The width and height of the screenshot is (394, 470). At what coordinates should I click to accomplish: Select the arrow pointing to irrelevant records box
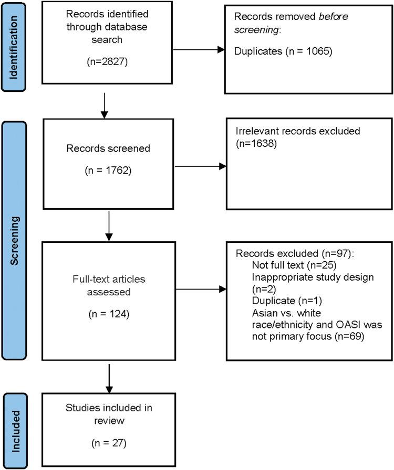[199, 167]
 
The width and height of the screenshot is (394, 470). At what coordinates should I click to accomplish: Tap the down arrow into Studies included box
[109, 378]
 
